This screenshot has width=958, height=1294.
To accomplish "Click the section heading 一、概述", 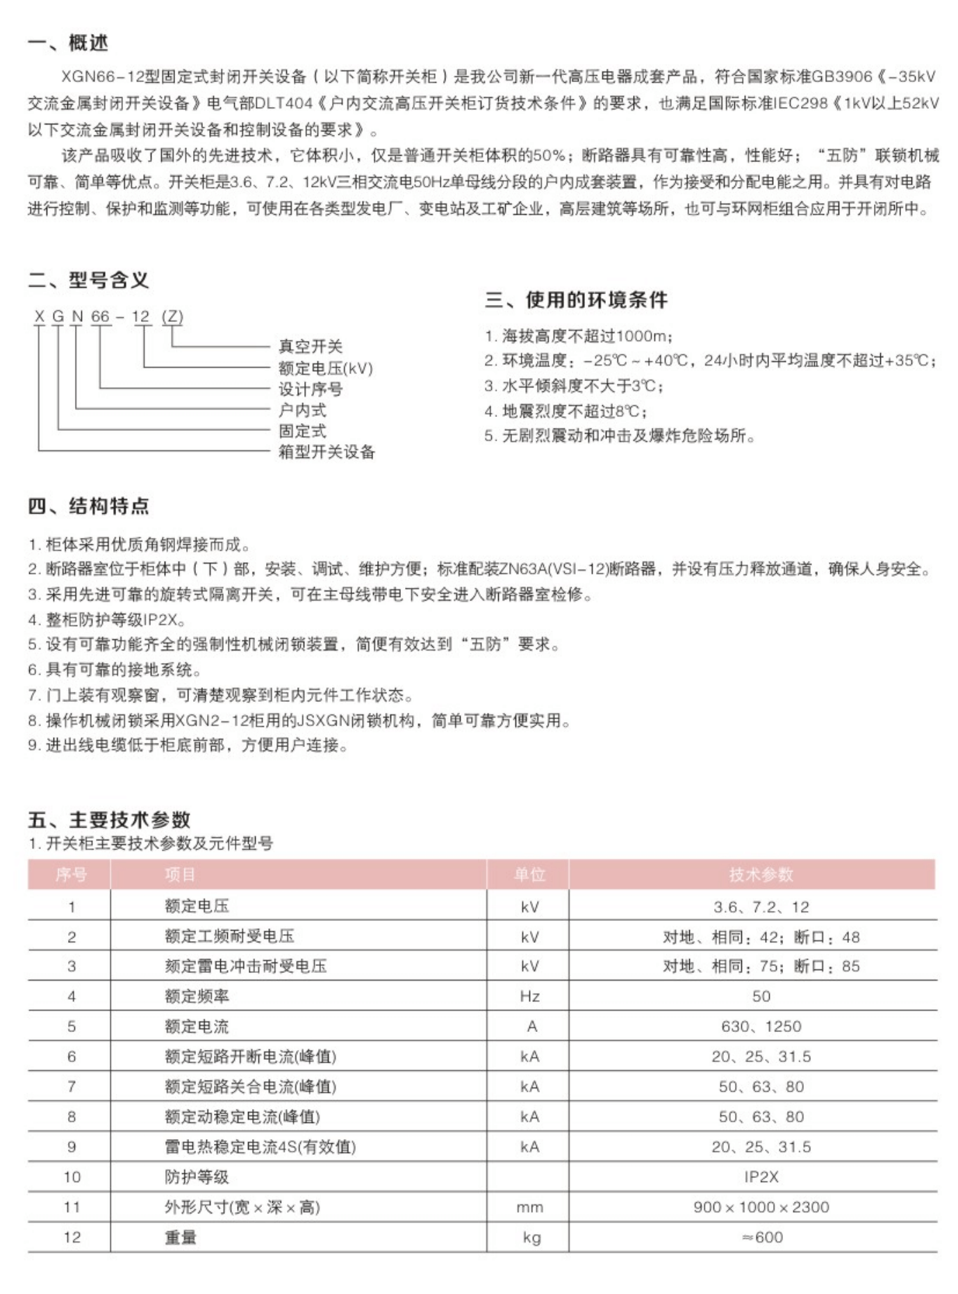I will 68,43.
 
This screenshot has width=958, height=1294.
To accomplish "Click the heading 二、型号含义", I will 88,280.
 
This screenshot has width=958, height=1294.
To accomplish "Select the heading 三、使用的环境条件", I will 576,300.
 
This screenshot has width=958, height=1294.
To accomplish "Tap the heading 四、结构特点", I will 88,506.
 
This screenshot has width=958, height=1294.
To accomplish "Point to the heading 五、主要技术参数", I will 109,819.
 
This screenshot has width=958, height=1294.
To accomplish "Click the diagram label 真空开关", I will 310,346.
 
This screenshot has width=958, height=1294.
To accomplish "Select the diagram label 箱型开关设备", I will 326,452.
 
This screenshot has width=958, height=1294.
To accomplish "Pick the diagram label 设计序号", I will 310,388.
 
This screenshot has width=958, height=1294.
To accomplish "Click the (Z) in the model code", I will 172,317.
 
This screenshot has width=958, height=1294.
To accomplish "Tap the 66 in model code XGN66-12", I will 101,317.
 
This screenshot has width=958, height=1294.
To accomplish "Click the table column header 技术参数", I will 761,875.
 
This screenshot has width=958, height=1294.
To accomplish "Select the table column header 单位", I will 529,875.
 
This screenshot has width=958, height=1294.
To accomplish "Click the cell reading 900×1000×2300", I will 761,1207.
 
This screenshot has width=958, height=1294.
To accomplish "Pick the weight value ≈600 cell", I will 761,1238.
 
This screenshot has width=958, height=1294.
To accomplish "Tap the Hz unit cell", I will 529,997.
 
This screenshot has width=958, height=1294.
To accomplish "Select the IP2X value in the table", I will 761,1177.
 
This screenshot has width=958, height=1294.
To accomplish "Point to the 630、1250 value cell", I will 761,1026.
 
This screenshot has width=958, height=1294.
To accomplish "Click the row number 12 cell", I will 72,1238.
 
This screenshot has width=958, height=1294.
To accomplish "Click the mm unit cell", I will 529,1208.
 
